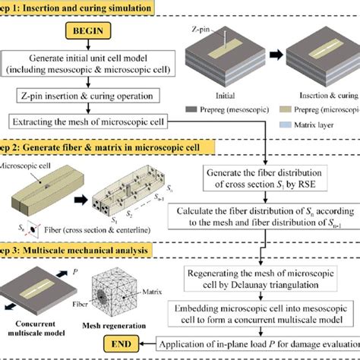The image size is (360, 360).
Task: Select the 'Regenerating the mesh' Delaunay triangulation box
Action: click(264, 278)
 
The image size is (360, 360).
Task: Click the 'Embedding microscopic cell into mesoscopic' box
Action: click(264, 312)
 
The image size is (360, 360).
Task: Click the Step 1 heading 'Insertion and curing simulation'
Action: click(84, 7)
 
